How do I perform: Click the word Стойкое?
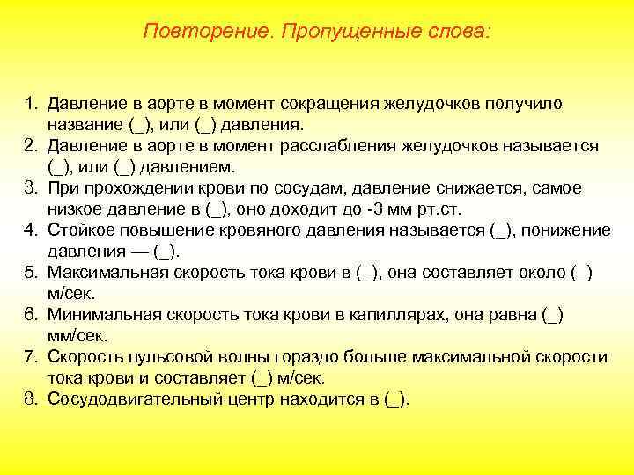(82, 230)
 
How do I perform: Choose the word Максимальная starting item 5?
(106, 273)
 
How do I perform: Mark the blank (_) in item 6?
(553, 315)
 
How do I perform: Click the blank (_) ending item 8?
(396, 399)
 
